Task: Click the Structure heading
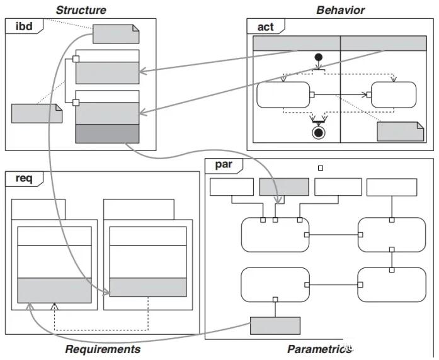81,9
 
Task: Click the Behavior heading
340,9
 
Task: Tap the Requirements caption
103,349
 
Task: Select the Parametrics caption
319,349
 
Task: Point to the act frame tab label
265,26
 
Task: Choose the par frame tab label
224,165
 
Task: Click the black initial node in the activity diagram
319,58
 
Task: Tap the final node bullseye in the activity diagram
319,132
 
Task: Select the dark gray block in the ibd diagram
107,133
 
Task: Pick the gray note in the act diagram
400,131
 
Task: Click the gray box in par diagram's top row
284,187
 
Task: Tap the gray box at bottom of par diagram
275,325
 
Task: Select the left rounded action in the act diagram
283,95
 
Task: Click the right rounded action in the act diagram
394,95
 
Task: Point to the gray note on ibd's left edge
37,113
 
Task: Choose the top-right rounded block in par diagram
391,235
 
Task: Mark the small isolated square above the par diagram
321,168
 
